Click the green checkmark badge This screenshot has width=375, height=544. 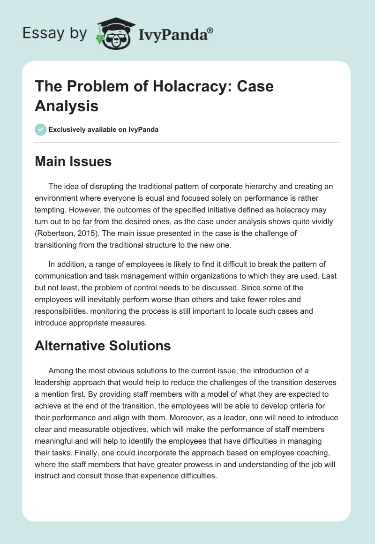point(41,129)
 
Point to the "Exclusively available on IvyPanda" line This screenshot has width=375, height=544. point(103,129)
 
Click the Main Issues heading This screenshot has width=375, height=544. point(73,162)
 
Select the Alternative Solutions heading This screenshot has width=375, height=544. point(103,346)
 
